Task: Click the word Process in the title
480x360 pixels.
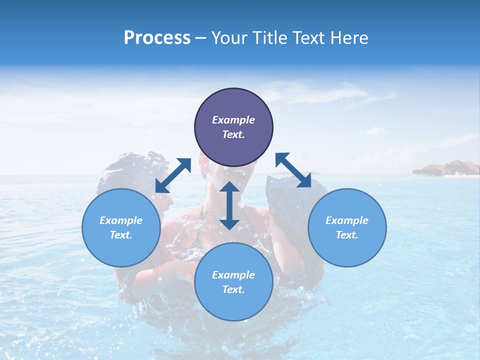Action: [157, 38]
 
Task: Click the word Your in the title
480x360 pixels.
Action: [229, 38]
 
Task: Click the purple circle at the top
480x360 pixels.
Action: [233, 127]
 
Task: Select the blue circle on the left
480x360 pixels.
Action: [121, 227]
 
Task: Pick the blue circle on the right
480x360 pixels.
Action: [346, 227]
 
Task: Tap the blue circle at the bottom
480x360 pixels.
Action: [233, 282]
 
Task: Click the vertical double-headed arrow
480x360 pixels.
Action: [229, 205]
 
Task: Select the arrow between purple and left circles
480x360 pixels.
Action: [173, 175]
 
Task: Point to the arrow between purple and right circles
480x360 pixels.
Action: [293, 170]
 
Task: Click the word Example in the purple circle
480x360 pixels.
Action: [233, 120]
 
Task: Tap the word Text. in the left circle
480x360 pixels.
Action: [121, 235]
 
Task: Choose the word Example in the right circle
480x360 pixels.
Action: [346, 220]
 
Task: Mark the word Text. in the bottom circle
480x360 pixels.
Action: [233, 289]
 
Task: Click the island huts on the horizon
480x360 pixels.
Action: [446, 169]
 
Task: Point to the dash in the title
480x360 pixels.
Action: [201, 38]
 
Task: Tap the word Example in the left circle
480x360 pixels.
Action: [121, 220]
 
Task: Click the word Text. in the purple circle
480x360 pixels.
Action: [233, 134]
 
